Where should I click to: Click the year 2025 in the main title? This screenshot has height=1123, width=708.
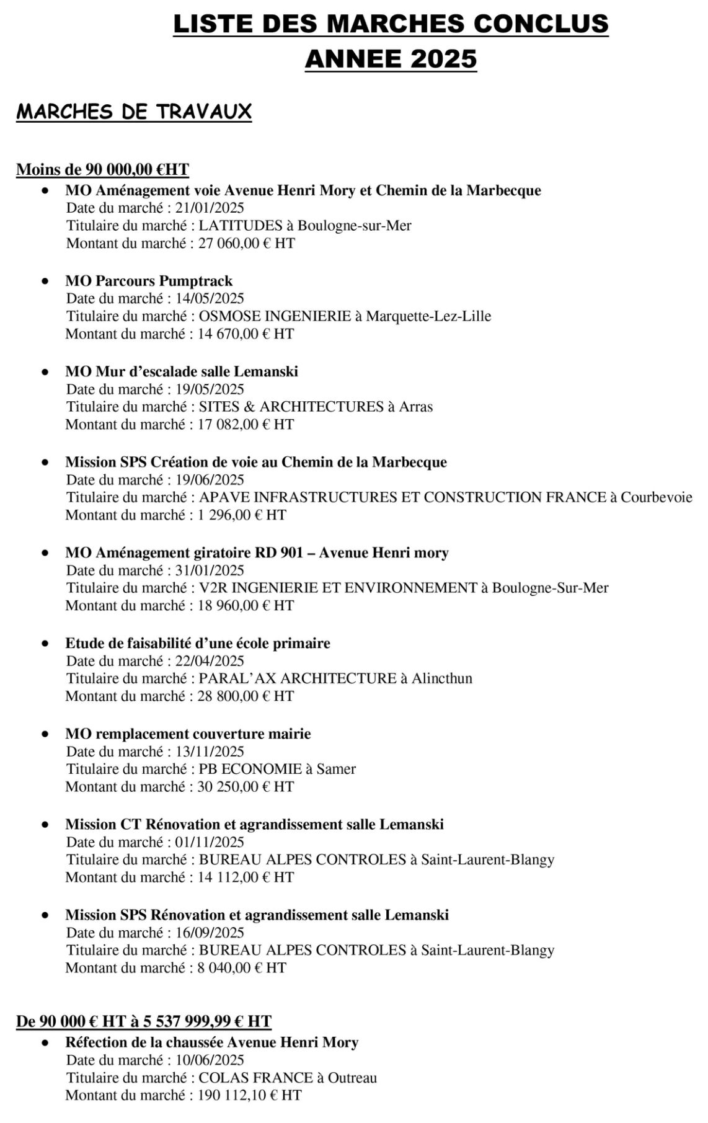443,59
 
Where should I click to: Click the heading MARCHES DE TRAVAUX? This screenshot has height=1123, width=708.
134,112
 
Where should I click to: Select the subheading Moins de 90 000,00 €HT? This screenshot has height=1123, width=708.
102,169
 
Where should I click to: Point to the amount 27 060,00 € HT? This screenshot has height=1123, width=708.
246,243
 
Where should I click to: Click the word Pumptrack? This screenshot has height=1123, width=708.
196,281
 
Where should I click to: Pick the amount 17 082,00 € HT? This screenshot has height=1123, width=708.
246,424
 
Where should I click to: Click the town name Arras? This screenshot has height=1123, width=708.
415,407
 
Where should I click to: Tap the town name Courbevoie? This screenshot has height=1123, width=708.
657,497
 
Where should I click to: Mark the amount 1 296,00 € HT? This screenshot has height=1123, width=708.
242,515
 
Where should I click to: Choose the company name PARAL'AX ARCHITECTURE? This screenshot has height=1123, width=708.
297,678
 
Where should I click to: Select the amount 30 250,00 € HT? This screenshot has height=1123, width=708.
246,786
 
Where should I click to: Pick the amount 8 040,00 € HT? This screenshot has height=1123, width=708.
242,967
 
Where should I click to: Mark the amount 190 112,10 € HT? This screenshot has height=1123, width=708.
249,1095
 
